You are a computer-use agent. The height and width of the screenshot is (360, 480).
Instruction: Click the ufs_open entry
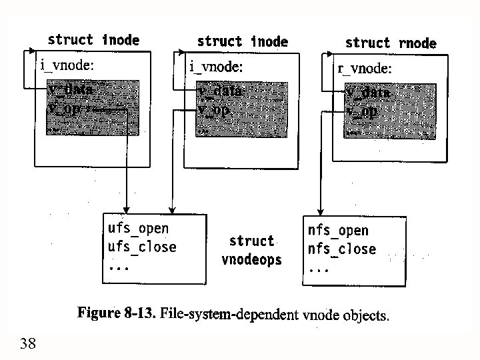point(138,229)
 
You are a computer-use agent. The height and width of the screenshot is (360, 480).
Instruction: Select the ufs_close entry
point(142,247)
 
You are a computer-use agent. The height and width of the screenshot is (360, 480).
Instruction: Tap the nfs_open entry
point(337,231)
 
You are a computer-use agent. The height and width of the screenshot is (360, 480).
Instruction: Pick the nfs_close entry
point(341,249)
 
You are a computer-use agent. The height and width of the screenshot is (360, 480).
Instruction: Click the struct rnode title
point(391,43)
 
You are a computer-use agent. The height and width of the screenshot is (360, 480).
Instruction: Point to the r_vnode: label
point(365,68)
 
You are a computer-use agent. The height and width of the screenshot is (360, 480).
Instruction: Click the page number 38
point(28,344)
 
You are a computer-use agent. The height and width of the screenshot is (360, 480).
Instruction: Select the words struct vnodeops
point(251,250)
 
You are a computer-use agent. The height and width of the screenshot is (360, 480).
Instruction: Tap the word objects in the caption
point(364,315)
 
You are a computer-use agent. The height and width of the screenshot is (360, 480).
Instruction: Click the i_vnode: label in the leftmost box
point(67,65)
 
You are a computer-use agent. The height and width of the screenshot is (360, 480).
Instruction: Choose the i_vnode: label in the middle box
point(216,66)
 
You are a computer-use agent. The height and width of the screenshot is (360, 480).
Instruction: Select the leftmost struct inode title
point(93,40)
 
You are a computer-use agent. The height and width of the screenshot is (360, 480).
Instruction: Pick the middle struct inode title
point(242,41)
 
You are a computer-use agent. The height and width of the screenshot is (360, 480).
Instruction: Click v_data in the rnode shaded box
point(367,92)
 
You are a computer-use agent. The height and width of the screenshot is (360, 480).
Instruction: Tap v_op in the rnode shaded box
point(362,111)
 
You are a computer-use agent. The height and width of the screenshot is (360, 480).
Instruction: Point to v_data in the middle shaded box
point(220,91)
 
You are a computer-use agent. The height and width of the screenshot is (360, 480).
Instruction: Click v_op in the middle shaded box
point(213,109)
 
